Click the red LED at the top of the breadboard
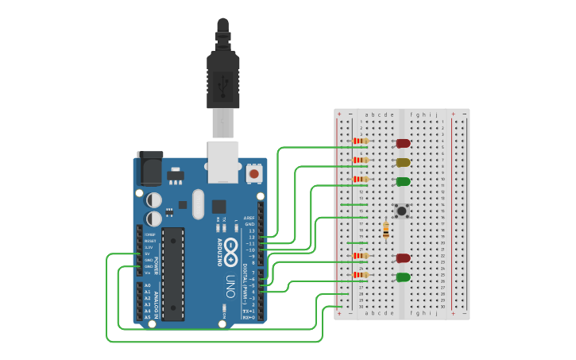(403, 144)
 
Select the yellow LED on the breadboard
(403, 162)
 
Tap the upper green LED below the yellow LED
(403, 181)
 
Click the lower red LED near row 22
(403, 257)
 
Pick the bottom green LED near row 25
(403, 277)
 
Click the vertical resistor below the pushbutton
(386, 230)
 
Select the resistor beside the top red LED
(361, 141)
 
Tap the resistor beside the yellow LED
(361, 161)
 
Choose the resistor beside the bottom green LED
(361, 275)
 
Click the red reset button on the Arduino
(253, 172)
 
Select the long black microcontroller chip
(173, 273)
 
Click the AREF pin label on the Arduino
(249, 217)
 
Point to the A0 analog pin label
(148, 285)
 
